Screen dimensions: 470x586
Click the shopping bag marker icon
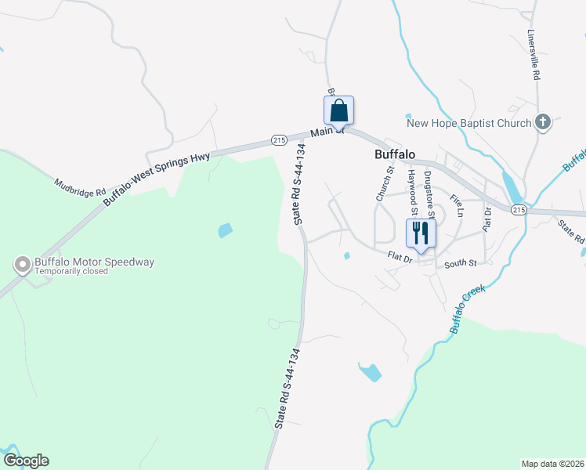(338, 110)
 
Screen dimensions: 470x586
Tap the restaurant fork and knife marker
(421, 233)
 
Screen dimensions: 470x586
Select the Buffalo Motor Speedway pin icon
(22, 265)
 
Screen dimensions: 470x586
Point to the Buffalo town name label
(394, 154)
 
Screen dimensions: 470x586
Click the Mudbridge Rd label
(79, 187)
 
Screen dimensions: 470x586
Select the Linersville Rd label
(534, 56)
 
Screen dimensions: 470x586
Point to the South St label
(460, 264)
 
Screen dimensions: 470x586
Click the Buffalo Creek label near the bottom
(468, 309)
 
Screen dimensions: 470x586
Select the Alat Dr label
(487, 219)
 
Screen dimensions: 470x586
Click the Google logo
(26, 461)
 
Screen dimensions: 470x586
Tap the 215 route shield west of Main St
(278, 139)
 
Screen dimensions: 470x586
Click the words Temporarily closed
(69, 272)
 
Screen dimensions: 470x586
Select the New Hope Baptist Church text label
(468, 122)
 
